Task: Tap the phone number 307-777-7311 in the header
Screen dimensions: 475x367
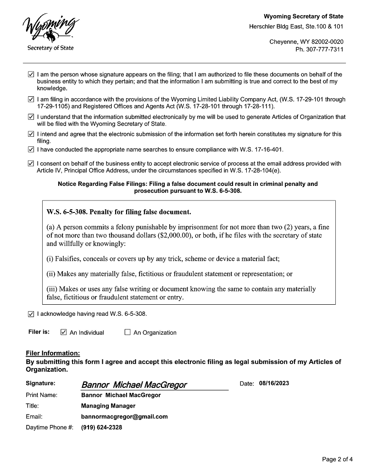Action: (x=323, y=50)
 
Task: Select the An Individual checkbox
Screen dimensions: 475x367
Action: (x=64, y=332)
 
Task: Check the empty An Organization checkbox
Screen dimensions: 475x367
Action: (x=128, y=332)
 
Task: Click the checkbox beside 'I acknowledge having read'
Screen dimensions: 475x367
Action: (x=31, y=314)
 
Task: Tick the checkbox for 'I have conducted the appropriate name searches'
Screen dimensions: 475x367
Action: (x=31, y=150)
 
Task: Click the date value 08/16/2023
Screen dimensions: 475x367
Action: (x=274, y=384)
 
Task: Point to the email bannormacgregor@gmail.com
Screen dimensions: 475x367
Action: (x=124, y=417)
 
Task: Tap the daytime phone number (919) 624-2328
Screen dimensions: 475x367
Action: (x=101, y=427)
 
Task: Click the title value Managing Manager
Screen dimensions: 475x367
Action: (x=108, y=406)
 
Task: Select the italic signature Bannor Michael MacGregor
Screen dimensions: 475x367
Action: (x=134, y=385)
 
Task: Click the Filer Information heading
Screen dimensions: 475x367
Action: (x=53, y=353)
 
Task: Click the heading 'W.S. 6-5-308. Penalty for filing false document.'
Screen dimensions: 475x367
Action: (x=119, y=212)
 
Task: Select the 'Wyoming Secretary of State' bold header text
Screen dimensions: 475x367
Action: (x=303, y=17)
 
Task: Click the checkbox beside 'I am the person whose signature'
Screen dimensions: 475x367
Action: (x=31, y=74)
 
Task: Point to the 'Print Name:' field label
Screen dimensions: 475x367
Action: (x=42, y=395)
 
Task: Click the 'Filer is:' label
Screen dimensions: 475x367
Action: (x=39, y=332)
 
